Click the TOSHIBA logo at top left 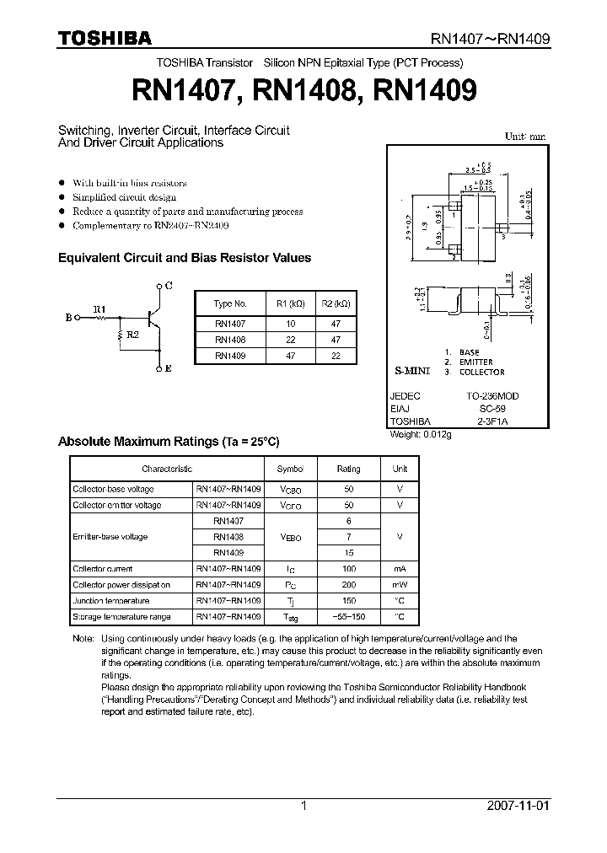click(x=105, y=38)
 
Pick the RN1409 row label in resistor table click(x=229, y=356)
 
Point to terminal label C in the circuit click(x=169, y=287)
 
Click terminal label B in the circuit click(x=68, y=318)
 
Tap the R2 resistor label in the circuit click(x=134, y=335)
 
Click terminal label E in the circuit click(x=169, y=369)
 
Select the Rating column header click(x=348, y=469)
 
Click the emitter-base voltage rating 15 click(x=348, y=553)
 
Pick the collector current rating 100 click(x=348, y=569)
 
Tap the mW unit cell click(x=400, y=585)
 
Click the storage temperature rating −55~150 click(x=348, y=617)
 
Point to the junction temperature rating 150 click(x=348, y=601)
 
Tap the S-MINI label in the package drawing click(x=412, y=371)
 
